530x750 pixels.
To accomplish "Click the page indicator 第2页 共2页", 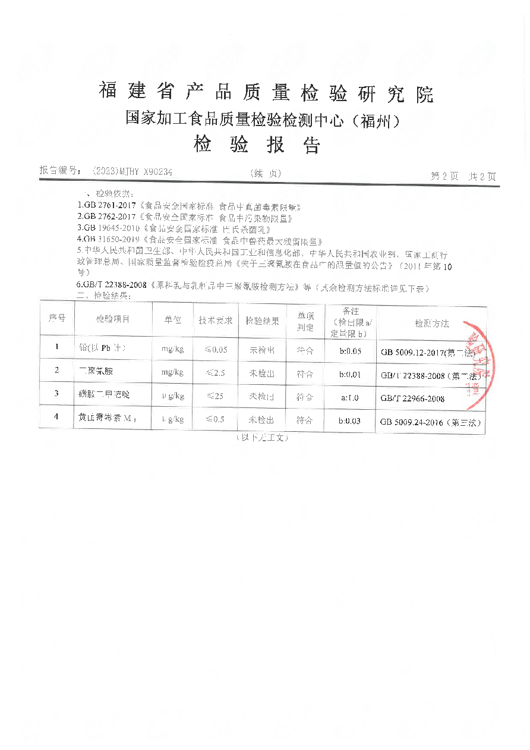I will pos(463,176).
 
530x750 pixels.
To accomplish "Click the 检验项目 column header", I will pos(112,319).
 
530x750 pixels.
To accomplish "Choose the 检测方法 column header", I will pos(431,324).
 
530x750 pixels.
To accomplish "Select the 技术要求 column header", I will pos(215,320).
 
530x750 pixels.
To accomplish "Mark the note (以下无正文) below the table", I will pos(261,438).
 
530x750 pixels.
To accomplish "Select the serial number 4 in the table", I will pos(56,416).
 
